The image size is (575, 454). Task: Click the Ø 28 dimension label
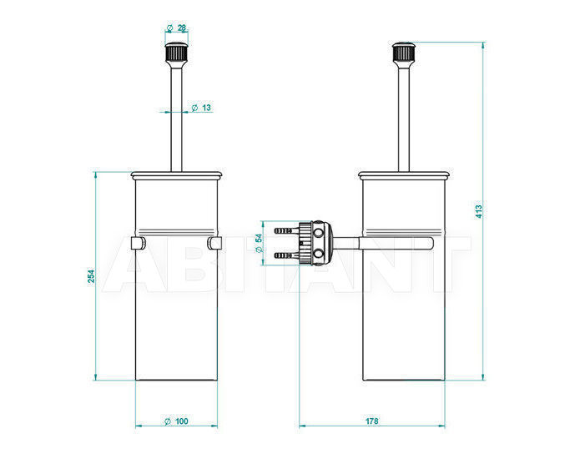click(x=176, y=28)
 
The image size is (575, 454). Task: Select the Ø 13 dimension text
click(x=201, y=108)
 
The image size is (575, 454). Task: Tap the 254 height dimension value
click(x=91, y=276)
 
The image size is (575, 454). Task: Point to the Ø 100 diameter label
click(x=176, y=421)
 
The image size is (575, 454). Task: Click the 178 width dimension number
click(x=371, y=421)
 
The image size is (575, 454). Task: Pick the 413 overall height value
click(x=479, y=209)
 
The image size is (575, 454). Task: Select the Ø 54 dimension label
click(x=259, y=243)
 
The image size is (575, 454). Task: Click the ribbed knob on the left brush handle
click(x=176, y=52)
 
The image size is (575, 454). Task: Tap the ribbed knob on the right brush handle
click(x=404, y=52)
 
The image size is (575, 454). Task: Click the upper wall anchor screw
click(x=284, y=231)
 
